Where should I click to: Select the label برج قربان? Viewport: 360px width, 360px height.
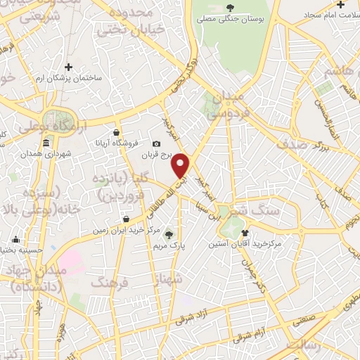[x=157, y=155]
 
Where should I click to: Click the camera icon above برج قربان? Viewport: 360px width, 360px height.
[x=157, y=144]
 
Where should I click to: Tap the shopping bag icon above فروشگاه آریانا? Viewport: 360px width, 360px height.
[x=116, y=132]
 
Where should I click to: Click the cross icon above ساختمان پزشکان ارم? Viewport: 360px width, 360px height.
[x=68, y=67]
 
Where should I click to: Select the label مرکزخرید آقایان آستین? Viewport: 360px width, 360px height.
[x=244, y=244]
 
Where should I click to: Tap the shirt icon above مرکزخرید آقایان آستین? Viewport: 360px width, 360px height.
[x=245, y=233]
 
